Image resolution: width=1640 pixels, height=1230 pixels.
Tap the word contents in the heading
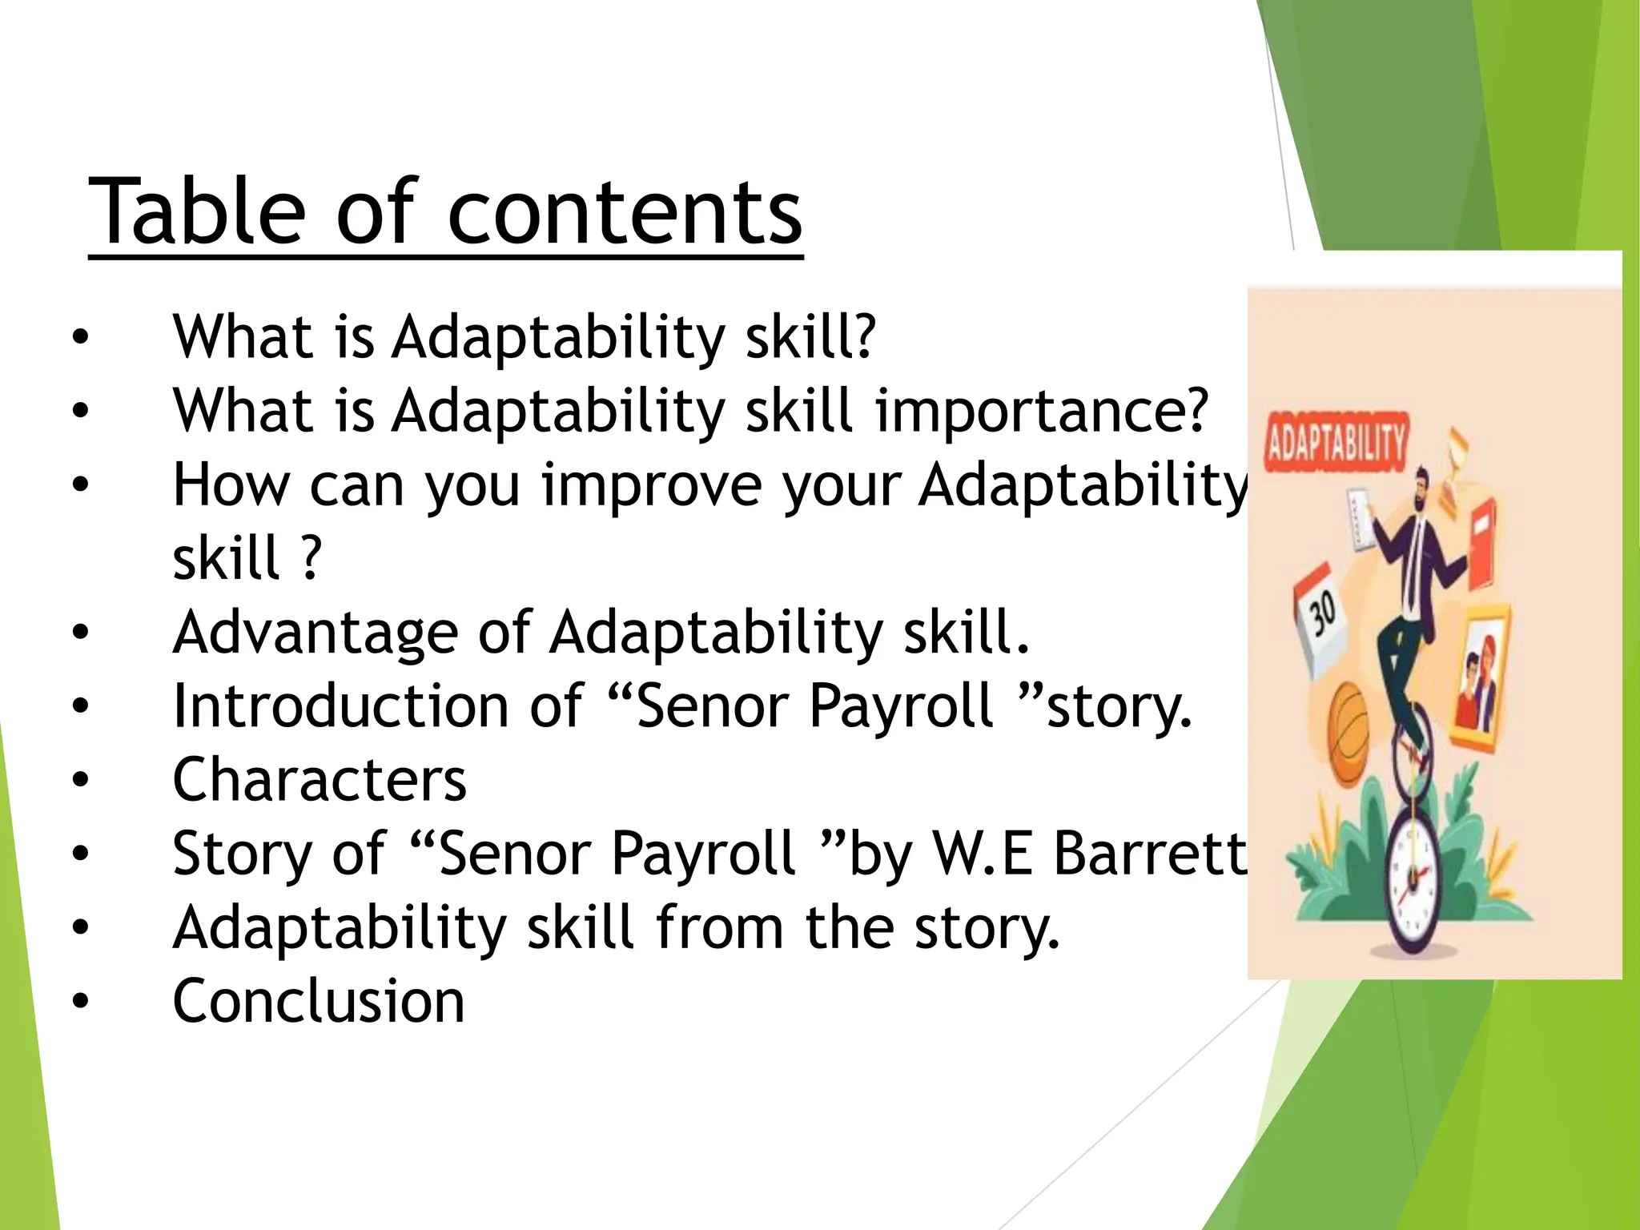click(625, 212)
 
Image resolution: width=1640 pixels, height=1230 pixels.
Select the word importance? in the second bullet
click(1041, 411)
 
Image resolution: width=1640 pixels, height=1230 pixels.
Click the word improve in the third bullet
click(651, 485)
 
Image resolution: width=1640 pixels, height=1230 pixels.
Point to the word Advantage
click(316, 633)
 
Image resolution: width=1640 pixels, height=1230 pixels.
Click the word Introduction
click(340, 705)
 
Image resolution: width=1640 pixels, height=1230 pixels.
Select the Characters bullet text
click(319, 779)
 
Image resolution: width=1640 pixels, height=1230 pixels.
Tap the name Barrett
click(1150, 853)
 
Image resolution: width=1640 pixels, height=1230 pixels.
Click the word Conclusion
click(318, 1001)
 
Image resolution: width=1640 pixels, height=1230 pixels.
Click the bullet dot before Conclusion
click(80, 1001)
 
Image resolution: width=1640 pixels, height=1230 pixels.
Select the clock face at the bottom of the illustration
click(1413, 877)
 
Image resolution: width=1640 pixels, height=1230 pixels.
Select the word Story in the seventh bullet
click(241, 853)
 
